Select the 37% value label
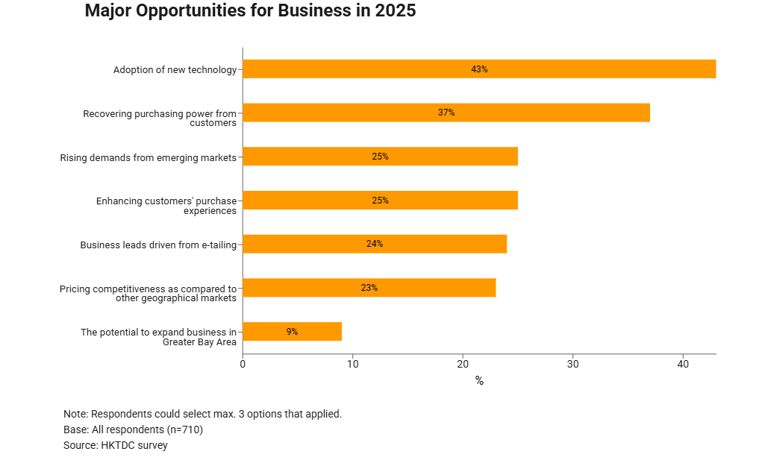click(446, 113)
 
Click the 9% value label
click(292, 332)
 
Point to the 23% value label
click(369, 288)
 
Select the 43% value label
click(479, 69)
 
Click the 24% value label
click(375, 244)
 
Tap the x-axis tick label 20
click(463, 365)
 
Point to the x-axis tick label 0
click(243, 365)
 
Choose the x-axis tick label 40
click(683, 365)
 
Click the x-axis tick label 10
click(352, 365)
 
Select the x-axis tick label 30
click(572, 365)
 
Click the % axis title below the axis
click(479, 381)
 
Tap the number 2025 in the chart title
click(391, 11)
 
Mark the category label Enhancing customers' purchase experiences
click(166, 206)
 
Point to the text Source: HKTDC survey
click(116, 446)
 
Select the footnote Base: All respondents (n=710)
click(133, 429)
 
